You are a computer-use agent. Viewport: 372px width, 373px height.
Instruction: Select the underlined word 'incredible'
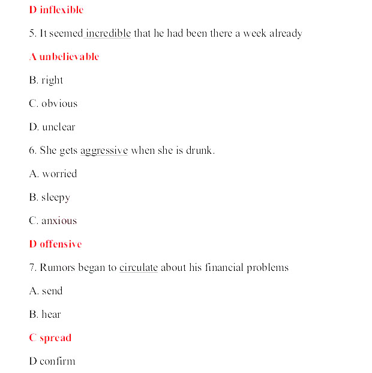[x=107, y=33]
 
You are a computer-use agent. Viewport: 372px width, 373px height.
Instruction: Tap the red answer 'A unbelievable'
[x=64, y=56]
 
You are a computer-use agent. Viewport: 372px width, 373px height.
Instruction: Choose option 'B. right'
[x=46, y=80]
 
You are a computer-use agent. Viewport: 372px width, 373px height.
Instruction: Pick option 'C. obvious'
[x=53, y=103]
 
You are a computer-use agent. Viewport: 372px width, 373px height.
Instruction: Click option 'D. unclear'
[x=52, y=127]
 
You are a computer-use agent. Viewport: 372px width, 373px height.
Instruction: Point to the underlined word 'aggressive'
[x=104, y=151]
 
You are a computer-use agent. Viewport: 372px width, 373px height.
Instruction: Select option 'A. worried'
[x=53, y=174]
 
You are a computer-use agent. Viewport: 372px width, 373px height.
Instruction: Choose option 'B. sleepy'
[x=49, y=197]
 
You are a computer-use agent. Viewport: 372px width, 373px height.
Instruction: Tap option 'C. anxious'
[x=53, y=220]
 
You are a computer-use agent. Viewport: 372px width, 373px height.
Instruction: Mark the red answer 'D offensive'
[x=55, y=244]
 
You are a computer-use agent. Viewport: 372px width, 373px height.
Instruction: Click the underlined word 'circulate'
[x=138, y=267]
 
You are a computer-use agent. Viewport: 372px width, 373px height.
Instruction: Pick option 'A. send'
[x=46, y=291]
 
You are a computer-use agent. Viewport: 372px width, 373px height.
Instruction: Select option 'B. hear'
[x=45, y=314]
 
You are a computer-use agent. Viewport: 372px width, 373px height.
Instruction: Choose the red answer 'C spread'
[x=50, y=338]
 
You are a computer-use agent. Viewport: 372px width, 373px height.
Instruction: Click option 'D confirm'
[x=52, y=361]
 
